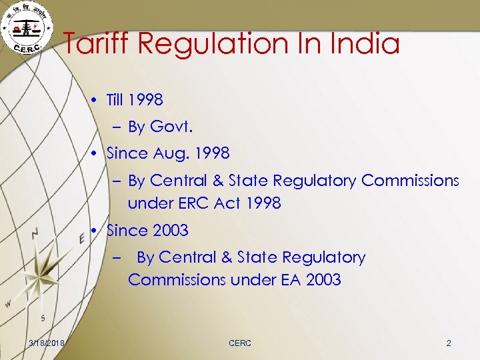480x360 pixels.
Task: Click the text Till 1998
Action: pos(135,101)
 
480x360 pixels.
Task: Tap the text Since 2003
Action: pos(147,231)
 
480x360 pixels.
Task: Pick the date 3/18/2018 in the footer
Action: pos(47,343)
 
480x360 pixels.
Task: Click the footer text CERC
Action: pos(240,343)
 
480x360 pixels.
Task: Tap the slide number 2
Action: pos(449,343)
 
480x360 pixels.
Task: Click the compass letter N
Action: pos(35,233)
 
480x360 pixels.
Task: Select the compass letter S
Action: pos(43,317)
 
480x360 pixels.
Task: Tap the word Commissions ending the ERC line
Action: pos(410,181)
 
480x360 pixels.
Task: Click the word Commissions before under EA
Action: pos(177,280)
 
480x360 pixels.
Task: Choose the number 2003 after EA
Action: pos(323,280)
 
